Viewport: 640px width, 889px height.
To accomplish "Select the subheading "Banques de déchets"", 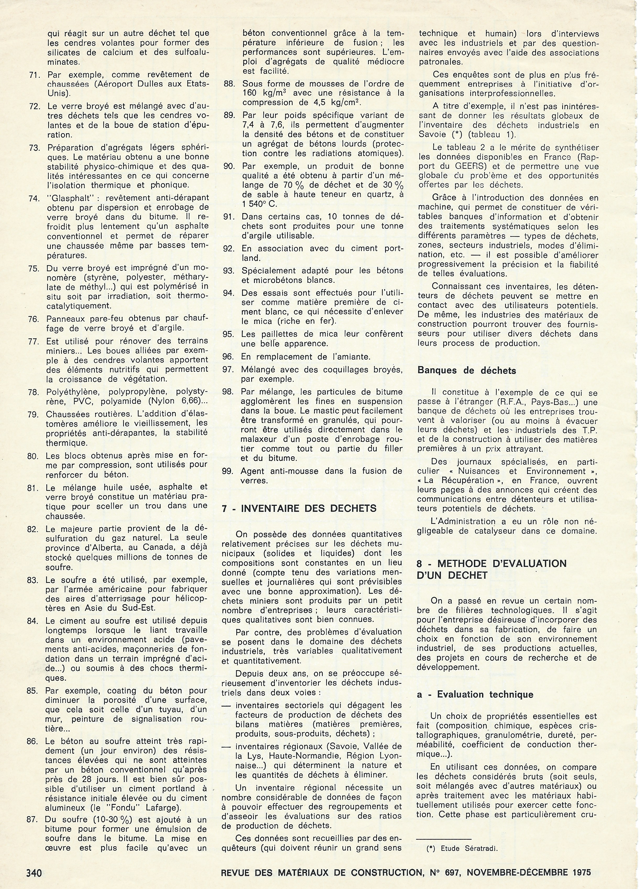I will tap(467, 370).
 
